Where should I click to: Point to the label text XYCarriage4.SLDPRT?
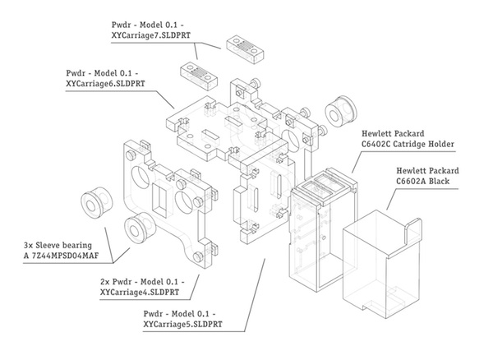139,291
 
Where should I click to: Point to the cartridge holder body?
316,234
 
